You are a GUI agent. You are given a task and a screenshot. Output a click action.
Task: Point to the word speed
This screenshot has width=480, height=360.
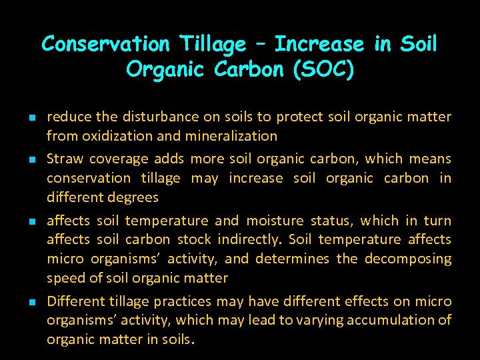64,278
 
